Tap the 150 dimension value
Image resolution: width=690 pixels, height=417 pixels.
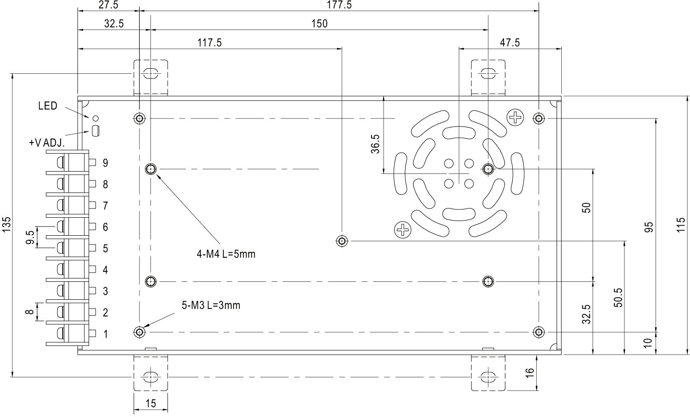pos(319,24)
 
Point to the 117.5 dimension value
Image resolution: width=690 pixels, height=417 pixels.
pos(210,43)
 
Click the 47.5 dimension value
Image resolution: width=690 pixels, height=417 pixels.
pos(510,43)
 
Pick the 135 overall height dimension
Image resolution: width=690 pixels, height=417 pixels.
pos(6,225)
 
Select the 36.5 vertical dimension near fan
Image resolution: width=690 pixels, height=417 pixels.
pos(375,144)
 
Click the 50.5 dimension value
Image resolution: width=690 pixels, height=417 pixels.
pos(618,298)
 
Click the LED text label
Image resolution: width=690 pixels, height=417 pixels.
pos(48,106)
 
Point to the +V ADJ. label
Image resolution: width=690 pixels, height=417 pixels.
pos(46,143)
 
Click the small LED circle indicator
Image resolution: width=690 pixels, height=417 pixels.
pos(96,118)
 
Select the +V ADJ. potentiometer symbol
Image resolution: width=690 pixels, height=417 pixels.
pos(96,131)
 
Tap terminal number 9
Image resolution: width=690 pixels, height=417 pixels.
pos(105,163)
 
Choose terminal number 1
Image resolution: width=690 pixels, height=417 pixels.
pos(105,334)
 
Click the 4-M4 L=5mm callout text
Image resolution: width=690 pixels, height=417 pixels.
pos(226,254)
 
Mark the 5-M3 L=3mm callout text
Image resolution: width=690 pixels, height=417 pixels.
pos(211,305)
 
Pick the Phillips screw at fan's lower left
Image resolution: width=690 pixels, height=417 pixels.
pos(402,229)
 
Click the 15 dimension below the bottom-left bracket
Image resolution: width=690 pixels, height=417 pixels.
pos(150,404)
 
